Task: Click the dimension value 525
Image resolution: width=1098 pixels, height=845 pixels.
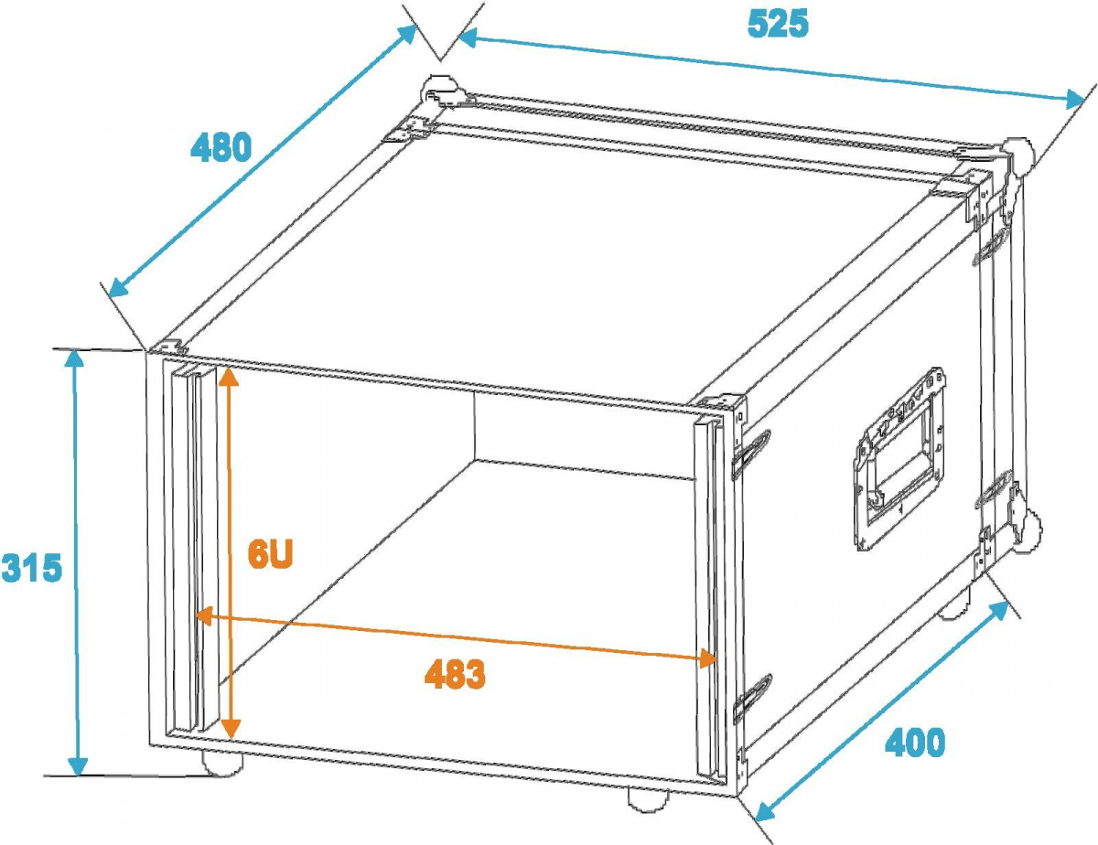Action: [778, 24]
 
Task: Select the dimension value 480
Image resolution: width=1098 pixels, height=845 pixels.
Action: [221, 147]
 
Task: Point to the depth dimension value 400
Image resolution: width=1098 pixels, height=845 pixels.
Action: [914, 743]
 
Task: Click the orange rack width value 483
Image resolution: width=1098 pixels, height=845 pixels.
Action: [455, 675]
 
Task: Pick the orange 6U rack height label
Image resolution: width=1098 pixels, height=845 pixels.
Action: [270, 555]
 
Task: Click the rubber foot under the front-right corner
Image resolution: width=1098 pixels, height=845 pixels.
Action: [648, 798]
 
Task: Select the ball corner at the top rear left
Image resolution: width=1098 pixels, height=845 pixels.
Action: [438, 92]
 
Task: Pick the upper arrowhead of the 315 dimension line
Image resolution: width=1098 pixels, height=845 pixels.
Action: [76, 358]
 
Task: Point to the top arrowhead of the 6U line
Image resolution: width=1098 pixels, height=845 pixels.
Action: [228, 375]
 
